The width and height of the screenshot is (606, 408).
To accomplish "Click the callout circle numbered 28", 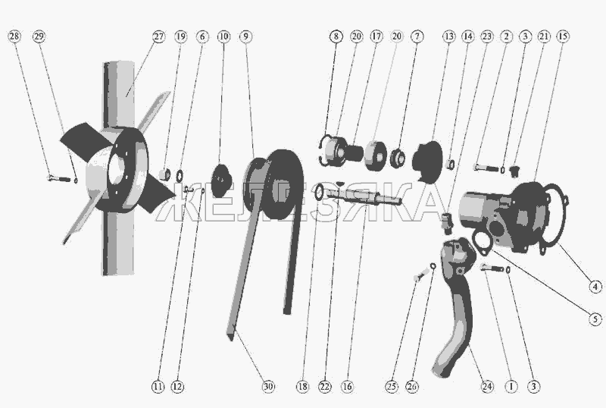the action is [14, 36].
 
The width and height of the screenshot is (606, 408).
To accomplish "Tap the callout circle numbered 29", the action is [39, 36].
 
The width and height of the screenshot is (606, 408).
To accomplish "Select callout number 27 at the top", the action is [158, 36].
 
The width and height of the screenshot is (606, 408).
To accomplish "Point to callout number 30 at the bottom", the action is [268, 386].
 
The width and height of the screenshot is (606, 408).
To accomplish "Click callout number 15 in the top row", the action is [563, 36].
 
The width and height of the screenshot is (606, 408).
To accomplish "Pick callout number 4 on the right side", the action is [595, 287].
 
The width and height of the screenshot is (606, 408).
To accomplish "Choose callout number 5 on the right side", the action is [595, 319].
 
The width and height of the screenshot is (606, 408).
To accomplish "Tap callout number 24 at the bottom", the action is [487, 386].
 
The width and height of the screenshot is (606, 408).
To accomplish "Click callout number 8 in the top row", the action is [336, 36].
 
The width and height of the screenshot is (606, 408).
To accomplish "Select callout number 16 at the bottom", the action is [347, 386].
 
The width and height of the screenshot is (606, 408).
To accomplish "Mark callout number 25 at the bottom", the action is [392, 386].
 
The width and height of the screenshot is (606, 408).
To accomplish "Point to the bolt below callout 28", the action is [59, 178].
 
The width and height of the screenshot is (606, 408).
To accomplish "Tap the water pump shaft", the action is [364, 196].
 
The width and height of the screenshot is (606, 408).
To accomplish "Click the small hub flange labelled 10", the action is [220, 180].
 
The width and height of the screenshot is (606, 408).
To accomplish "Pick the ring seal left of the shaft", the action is [319, 193].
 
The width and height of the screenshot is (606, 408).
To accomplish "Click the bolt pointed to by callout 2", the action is [486, 168].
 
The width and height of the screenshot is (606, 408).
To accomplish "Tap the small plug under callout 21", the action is [514, 171].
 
